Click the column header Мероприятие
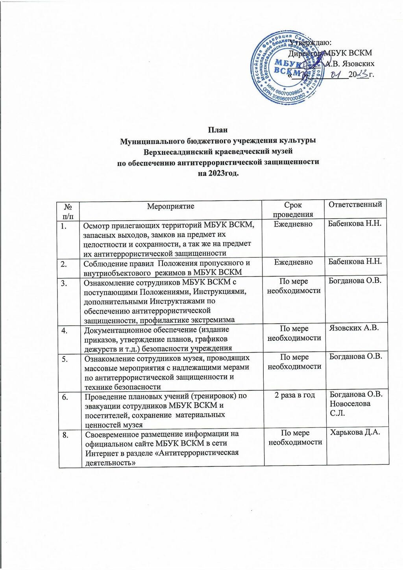click(x=170, y=206)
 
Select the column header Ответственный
click(x=355, y=204)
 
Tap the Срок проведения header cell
click(x=293, y=210)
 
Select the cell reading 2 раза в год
click(x=295, y=395)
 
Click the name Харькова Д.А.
click(x=355, y=433)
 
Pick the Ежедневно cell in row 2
click(x=293, y=262)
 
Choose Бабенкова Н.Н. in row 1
click(x=355, y=224)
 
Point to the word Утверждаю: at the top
click(x=314, y=43)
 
